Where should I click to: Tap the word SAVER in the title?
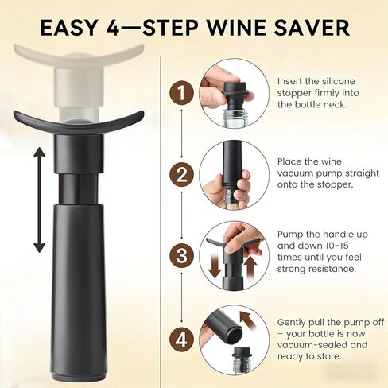coord(314,28)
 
